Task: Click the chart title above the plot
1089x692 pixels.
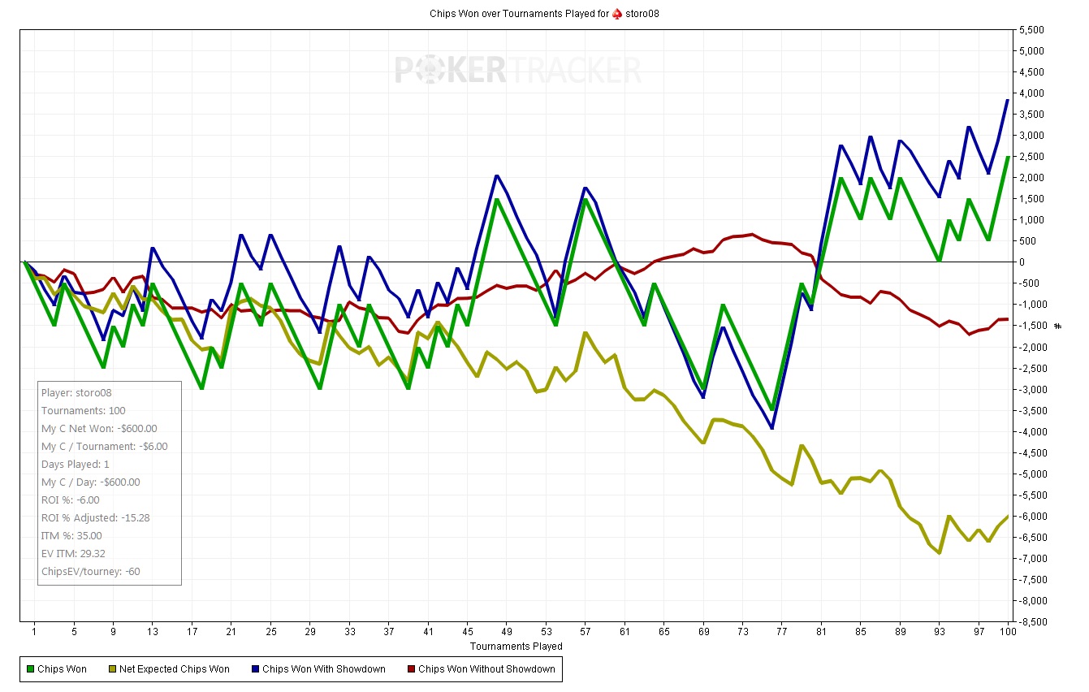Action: click(544, 14)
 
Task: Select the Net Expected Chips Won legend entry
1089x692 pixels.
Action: click(174, 669)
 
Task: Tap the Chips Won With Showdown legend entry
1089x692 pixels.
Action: click(323, 669)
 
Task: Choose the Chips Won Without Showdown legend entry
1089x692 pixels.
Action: click(486, 669)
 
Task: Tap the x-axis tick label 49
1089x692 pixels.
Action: click(508, 631)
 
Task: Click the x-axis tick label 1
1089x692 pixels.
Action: click(34, 631)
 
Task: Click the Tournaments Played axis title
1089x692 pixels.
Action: click(516, 647)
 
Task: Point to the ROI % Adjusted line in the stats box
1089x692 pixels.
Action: click(95, 518)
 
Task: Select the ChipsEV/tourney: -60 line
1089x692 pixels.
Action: click(90, 572)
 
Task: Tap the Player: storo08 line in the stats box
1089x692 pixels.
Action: click(76, 393)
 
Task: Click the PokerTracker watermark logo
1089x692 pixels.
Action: click(518, 70)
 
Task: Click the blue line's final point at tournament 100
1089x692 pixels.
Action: click(1008, 100)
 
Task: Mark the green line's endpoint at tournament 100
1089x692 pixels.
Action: click(1008, 157)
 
